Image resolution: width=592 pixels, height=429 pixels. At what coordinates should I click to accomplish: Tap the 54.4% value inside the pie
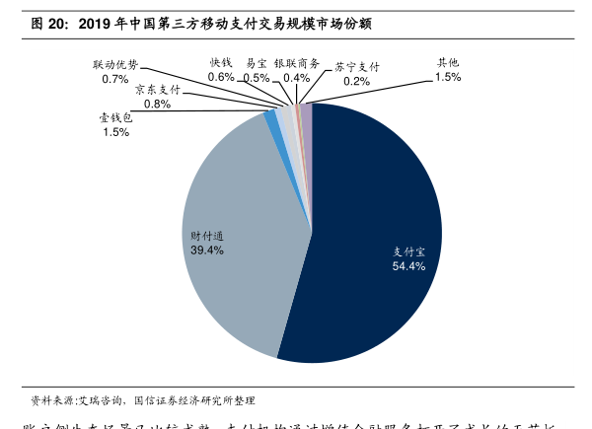(408, 266)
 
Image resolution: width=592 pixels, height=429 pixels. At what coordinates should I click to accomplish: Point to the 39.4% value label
(207, 250)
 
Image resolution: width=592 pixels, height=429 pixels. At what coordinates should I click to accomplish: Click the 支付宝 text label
(408, 251)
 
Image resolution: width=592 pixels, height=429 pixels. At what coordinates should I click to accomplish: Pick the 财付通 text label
(207, 236)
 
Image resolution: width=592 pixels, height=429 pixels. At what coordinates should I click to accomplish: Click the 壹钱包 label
(115, 117)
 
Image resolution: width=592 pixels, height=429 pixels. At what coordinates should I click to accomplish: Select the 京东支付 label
(157, 89)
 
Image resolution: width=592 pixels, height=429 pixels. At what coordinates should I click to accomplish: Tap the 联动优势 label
(115, 64)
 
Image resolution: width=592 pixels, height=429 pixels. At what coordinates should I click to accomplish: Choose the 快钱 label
(221, 62)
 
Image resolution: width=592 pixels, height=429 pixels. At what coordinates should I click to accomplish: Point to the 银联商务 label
(296, 62)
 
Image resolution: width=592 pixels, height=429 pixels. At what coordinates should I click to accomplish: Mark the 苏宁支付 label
(356, 67)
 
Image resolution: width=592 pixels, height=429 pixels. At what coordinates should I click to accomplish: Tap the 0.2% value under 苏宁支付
(356, 82)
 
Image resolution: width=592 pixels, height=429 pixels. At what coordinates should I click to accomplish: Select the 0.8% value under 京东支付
(157, 104)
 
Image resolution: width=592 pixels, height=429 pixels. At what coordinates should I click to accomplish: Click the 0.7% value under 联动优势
(115, 79)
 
